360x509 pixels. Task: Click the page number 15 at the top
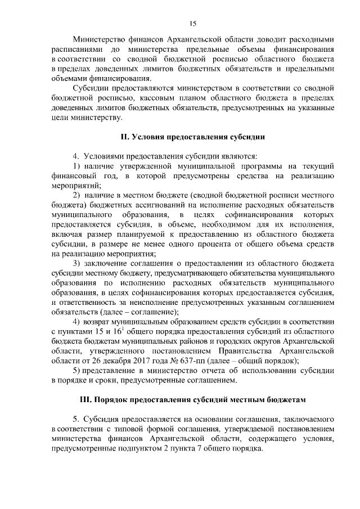(x=192, y=23)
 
